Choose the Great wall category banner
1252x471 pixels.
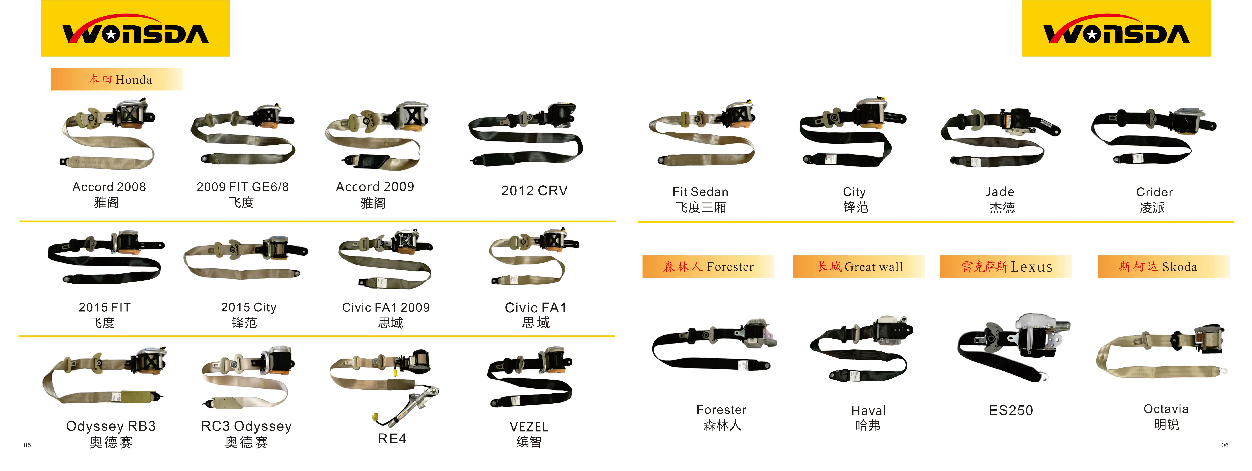pyautogui.click(x=859, y=267)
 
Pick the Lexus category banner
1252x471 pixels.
pyautogui.click(x=1006, y=267)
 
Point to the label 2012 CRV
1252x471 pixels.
pyautogui.click(x=534, y=191)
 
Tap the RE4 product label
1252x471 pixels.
pyautogui.click(x=392, y=438)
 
